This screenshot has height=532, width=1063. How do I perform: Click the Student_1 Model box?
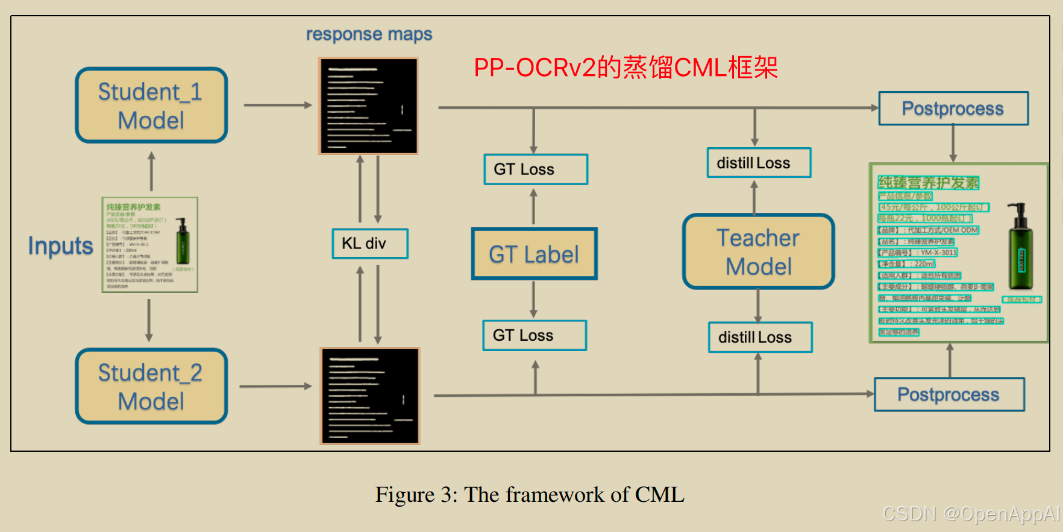click(151, 106)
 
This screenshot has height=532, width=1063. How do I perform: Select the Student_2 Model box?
click(151, 387)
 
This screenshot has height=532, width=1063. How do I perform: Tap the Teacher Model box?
click(758, 252)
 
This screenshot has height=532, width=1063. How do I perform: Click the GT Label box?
click(534, 254)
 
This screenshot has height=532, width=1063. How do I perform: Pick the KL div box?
click(370, 244)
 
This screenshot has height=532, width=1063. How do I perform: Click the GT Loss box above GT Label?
click(536, 169)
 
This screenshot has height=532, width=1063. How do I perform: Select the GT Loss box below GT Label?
click(535, 335)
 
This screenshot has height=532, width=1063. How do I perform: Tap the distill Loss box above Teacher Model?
click(759, 163)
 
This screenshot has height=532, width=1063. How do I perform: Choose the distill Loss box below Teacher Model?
click(760, 337)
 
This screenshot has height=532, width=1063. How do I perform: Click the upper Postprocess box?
click(953, 109)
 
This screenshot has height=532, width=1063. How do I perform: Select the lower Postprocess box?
click(949, 394)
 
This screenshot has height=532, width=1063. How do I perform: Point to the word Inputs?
click(60, 246)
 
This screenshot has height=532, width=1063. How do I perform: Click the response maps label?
click(369, 34)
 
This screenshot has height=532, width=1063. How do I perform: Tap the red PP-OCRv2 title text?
click(626, 68)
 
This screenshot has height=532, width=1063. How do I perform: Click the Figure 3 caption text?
click(530, 495)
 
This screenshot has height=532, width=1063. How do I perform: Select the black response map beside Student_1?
click(368, 106)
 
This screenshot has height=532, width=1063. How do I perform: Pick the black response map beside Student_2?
click(370, 396)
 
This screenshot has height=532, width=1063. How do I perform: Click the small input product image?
click(149, 245)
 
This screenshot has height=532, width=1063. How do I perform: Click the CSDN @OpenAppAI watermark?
click(970, 514)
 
